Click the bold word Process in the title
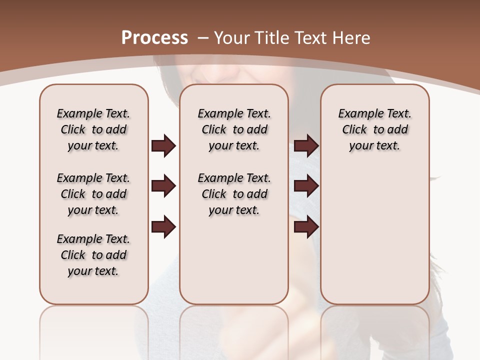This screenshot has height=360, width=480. click(x=154, y=38)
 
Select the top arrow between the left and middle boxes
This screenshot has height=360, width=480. click(x=163, y=145)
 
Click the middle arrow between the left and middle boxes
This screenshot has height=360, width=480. click(x=163, y=186)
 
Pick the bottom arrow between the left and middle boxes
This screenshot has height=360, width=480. click(x=163, y=227)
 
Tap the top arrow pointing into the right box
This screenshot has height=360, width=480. click(x=306, y=145)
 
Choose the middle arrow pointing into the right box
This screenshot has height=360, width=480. click(x=306, y=186)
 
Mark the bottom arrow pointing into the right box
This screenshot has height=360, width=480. click(x=306, y=227)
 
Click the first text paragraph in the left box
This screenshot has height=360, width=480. click(x=93, y=129)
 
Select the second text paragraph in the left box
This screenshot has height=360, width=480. click(x=93, y=194)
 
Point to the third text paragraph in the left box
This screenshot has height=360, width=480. click(x=93, y=255)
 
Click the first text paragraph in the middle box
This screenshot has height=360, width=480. click(x=234, y=129)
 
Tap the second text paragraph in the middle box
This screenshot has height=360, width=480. click(x=234, y=194)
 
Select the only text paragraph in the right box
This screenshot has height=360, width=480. click(x=375, y=129)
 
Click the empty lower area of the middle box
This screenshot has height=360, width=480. click(x=234, y=260)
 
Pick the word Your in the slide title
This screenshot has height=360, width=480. click(x=232, y=38)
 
